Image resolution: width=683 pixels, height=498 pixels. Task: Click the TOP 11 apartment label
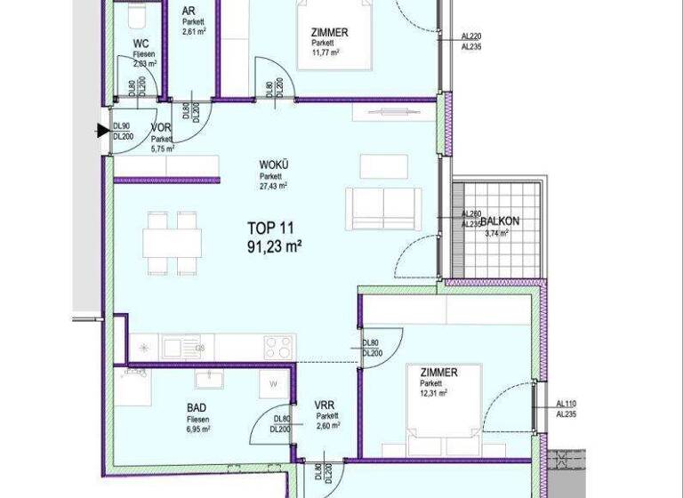point(275,228)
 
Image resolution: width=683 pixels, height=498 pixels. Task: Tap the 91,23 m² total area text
point(276,246)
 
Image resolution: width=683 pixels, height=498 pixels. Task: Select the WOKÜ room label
point(272,165)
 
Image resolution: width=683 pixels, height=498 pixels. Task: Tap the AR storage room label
point(189,12)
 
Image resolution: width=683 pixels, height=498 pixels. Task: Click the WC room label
point(141,43)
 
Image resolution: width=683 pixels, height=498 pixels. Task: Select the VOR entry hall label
point(161,128)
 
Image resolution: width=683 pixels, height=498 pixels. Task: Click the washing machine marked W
point(272,386)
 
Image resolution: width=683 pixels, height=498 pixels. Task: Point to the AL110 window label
point(566,402)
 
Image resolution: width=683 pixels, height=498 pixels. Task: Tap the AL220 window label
point(471,36)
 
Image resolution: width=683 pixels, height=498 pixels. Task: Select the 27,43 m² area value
point(272,187)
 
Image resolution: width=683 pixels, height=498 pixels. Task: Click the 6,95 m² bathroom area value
point(197,429)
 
